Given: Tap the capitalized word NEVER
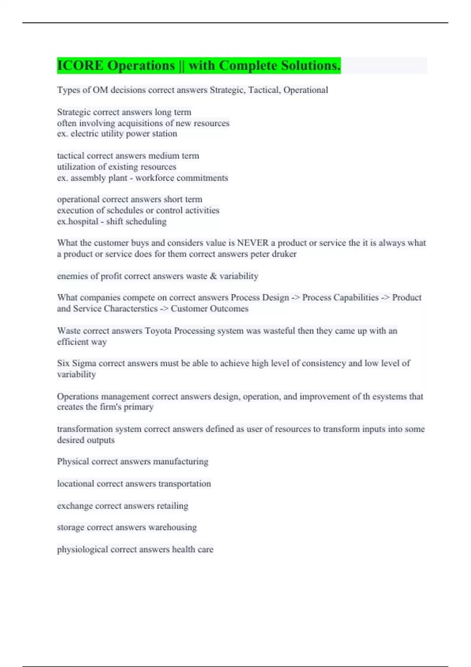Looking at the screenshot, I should (253, 243).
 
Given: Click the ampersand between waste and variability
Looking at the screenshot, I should (213, 276).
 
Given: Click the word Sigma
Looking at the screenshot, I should (84, 363).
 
